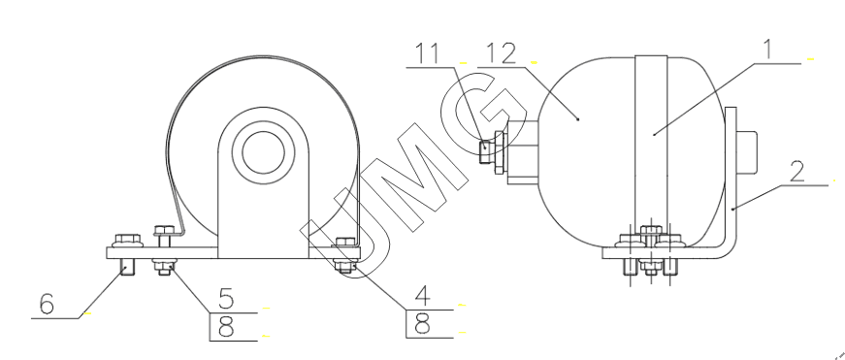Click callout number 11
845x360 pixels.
click(427, 53)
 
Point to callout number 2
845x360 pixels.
click(797, 171)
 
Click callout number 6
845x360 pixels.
click(47, 304)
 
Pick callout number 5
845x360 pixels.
click(226, 299)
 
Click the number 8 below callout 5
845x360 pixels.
click(226, 326)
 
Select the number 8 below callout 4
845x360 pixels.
click(423, 324)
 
